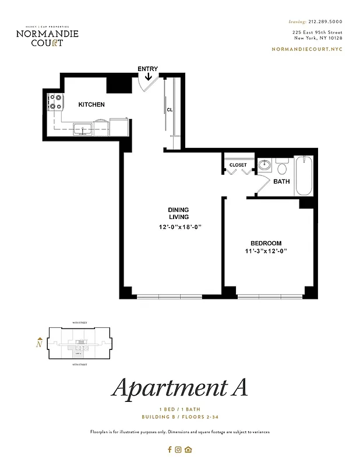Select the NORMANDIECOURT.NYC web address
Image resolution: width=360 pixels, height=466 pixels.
coord(307,49)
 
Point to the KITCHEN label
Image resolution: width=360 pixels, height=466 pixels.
coord(91,105)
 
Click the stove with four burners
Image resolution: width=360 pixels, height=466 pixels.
coord(56,103)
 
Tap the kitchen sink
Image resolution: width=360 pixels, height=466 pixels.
coord(82,129)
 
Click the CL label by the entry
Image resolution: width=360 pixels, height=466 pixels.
coord(170,110)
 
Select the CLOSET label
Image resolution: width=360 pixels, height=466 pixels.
coord(238,165)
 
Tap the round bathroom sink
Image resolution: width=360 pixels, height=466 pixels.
coord(264,165)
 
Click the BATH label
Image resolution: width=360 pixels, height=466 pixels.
coord(281,182)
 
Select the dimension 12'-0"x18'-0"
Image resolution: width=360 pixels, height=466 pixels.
coord(180,227)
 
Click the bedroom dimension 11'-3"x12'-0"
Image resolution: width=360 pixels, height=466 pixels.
coord(266,251)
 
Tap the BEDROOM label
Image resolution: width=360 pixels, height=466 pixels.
coord(266,243)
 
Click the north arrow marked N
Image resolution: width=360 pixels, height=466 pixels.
coord(39,343)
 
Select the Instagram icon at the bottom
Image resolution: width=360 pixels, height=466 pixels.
coord(179,449)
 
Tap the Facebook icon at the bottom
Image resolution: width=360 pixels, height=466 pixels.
coord(170,449)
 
